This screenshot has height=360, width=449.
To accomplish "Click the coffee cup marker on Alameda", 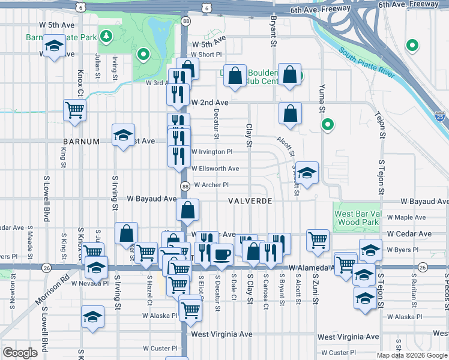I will (221, 254).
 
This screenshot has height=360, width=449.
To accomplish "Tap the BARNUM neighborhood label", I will (80, 142).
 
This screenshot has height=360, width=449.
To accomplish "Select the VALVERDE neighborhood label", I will (250, 201).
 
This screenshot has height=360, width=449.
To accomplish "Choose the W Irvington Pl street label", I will (211, 152).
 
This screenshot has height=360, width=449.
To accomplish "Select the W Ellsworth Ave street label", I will (215, 169).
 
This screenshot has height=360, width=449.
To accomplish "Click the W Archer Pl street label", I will (211, 185).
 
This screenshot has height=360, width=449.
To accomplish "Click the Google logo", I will (20, 352).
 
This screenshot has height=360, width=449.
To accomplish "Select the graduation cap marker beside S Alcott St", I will (307, 173).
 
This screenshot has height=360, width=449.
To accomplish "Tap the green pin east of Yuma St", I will (327, 125).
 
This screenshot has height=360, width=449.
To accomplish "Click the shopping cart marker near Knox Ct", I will (74, 110).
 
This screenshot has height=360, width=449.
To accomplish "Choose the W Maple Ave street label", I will (406, 217).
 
